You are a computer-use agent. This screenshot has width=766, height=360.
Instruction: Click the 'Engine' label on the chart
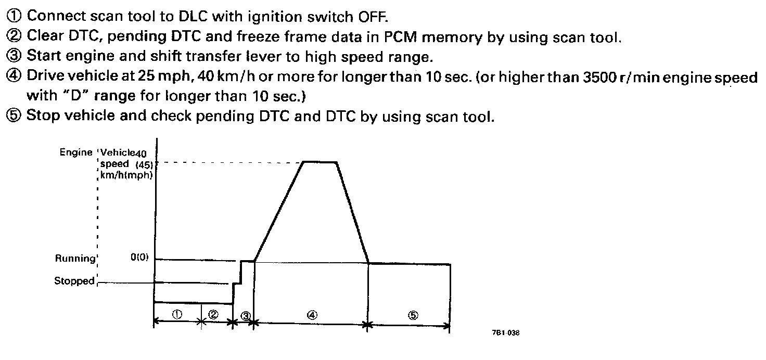click(76, 152)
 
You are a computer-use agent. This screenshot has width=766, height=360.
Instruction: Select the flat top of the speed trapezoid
click(320, 162)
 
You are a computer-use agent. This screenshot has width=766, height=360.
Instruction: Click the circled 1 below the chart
click(177, 315)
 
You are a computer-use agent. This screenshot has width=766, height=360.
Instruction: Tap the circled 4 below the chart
click(312, 315)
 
